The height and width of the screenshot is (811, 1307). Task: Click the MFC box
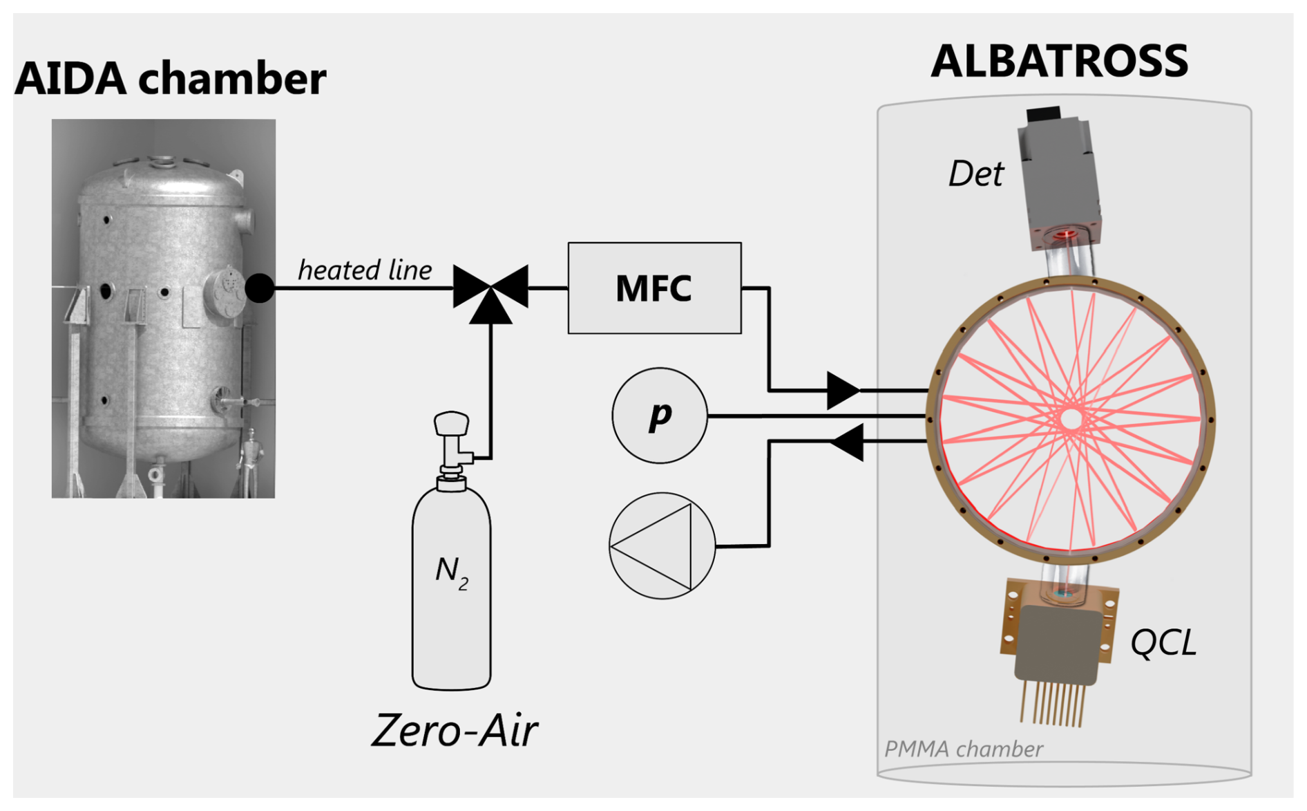pyautogui.click(x=654, y=288)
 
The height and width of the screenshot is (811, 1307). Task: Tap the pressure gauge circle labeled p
pyautogui.click(x=660, y=416)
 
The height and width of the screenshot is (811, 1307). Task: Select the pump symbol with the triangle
pyautogui.click(x=662, y=546)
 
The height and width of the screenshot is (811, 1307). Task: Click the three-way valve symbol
pyautogui.click(x=490, y=290)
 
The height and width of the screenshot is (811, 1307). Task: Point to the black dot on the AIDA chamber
pyautogui.click(x=260, y=288)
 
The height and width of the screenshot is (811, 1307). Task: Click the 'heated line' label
pyautogui.click(x=365, y=270)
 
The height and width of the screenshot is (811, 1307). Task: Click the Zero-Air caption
pyautogui.click(x=454, y=730)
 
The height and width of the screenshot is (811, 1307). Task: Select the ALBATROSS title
pyautogui.click(x=1059, y=61)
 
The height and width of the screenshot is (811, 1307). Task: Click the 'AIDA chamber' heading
pyautogui.click(x=170, y=78)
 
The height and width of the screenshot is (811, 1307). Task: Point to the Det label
pyautogui.click(x=975, y=174)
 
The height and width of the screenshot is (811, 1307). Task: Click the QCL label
pyautogui.click(x=1163, y=643)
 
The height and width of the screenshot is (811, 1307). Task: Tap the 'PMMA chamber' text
pyautogui.click(x=964, y=749)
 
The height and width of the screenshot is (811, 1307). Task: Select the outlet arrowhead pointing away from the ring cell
pyautogui.click(x=848, y=442)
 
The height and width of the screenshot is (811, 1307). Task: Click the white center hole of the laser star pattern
pyautogui.click(x=1071, y=418)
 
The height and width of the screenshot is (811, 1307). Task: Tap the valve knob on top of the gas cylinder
pyautogui.click(x=451, y=422)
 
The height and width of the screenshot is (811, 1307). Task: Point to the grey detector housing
pyautogui.click(x=1058, y=173)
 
